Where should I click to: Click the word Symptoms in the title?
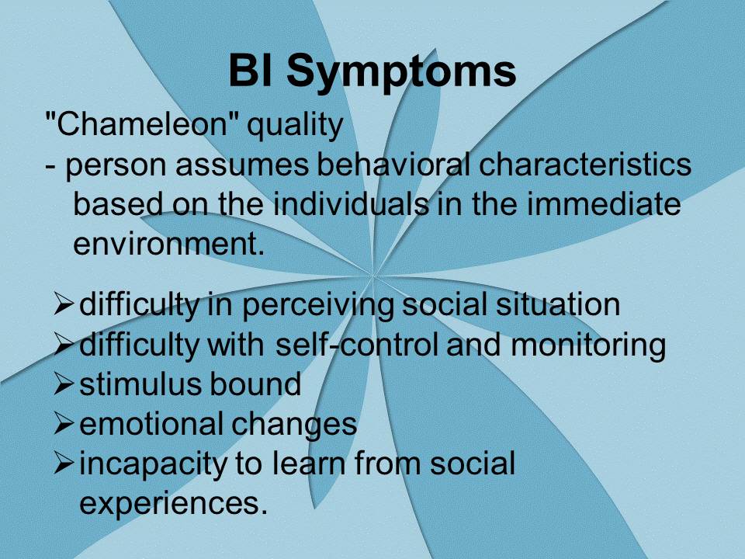(x=401, y=71)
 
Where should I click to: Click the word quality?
(x=295, y=126)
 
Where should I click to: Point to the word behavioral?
(x=393, y=165)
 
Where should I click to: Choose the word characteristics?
(x=585, y=165)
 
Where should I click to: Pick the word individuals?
(x=351, y=203)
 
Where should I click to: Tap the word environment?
(x=168, y=243)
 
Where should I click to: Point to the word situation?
(x=558, y=304)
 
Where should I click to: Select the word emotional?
(x=151, y=424)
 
